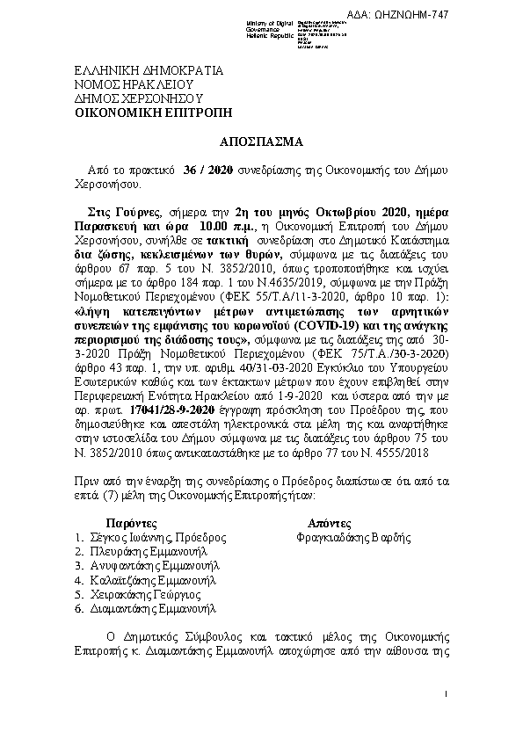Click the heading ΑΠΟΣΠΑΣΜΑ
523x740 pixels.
(261, 141)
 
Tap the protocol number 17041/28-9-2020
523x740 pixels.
(147, 410)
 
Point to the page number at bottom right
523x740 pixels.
(447, 696)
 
